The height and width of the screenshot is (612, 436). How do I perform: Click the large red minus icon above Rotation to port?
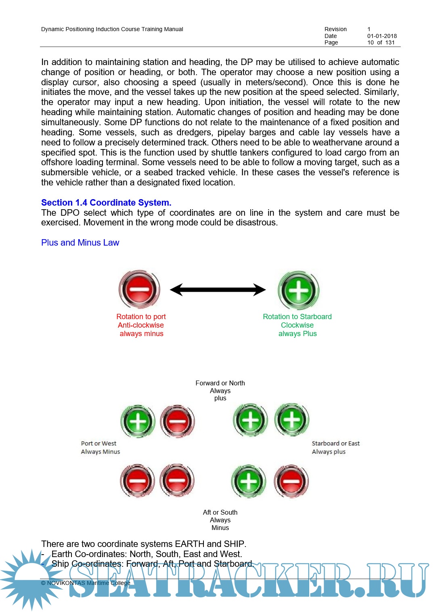pos(139,289)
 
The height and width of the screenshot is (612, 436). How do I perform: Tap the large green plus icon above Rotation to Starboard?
pos(298,290)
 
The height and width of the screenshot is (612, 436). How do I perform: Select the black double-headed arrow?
pos(218,290)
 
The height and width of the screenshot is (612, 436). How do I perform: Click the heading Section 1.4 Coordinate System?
pos(106,203)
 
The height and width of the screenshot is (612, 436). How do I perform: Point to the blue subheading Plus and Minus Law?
pos(80,243)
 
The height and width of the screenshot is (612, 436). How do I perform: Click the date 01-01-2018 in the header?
pos(382,36)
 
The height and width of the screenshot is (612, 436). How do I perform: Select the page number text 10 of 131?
pos(381,42)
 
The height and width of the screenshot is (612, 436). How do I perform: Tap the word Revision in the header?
pos(335,29)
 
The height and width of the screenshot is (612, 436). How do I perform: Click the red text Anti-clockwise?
pos(141,325)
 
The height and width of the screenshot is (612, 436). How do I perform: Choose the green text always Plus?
pos(298,334)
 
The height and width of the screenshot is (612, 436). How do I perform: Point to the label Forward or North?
pos(220,383)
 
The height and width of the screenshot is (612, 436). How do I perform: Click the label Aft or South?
pos(220,512)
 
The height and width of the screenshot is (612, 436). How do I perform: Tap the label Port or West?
pos(99,444)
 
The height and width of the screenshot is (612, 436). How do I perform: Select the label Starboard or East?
pos(335,444)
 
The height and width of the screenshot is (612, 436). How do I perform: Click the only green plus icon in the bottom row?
pos(249,481)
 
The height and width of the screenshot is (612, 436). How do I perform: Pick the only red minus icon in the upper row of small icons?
pos(177,421)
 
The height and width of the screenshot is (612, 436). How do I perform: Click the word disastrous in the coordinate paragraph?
pos(258,223)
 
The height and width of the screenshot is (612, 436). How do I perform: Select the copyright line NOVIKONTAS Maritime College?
pos(86,583)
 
